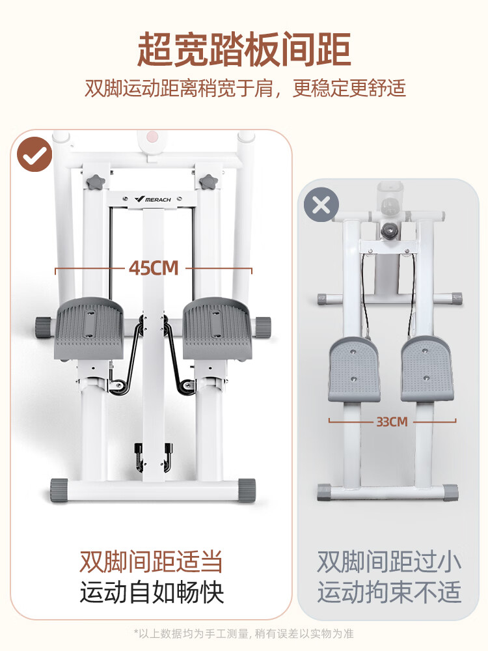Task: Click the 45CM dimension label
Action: [154, 268]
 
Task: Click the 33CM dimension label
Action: [392, 422]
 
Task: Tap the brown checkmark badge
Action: [34, 154]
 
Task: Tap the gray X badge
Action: [321, 204]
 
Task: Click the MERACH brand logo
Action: [153, 199]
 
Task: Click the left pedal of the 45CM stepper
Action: [88, 328]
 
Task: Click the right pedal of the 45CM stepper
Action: [217, 328]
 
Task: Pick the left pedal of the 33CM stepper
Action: [354, 369]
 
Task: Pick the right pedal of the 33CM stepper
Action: [427, 369]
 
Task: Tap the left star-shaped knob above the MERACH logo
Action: [95, 182]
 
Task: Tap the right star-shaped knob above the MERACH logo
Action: [208, 182]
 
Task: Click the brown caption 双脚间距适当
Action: [151, 562]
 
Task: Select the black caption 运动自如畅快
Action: [152, 592]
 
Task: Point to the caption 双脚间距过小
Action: [389, 562]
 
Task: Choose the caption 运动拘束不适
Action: [389, 592]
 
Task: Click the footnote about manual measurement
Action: [243, 633]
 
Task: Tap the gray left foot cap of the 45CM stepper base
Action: [59, 490]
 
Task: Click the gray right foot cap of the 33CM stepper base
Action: [450, 492]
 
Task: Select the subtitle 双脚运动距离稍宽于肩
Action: [179, 89]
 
